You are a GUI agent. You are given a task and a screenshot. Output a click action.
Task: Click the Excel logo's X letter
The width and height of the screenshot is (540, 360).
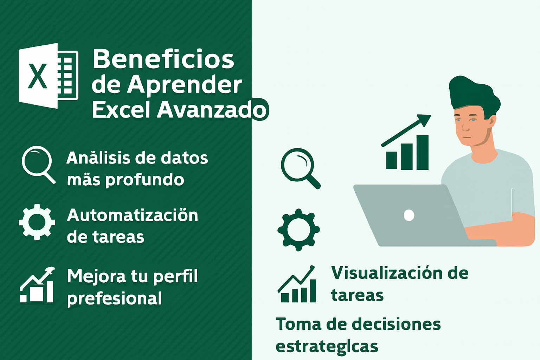(38, 76)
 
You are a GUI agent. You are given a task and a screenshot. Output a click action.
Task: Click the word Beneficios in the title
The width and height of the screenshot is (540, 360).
(163, 59)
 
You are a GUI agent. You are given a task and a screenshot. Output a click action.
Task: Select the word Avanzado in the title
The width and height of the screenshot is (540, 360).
(212, 110)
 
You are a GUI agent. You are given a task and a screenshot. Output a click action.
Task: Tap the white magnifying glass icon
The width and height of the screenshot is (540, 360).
(39, 165)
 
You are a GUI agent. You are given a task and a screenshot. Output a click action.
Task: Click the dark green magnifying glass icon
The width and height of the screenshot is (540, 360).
(300, 168)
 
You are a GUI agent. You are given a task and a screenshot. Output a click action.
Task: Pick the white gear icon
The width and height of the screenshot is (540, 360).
(37, 222)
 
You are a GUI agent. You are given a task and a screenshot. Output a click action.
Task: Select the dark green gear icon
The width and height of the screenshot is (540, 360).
(298, 230)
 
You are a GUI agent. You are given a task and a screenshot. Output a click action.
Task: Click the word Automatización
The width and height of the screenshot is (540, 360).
(132, 215)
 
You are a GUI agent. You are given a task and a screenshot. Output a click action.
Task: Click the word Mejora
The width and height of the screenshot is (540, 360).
(96, 276)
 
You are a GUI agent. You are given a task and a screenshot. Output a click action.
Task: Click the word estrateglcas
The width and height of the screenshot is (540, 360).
(327, 347)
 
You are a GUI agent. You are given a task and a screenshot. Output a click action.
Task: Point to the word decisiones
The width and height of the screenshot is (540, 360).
(396, 324)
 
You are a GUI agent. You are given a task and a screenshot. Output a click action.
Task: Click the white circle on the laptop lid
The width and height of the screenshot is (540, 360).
(409, 215)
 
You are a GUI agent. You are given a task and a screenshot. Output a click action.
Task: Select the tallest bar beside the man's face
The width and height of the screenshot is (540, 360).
(422, 153)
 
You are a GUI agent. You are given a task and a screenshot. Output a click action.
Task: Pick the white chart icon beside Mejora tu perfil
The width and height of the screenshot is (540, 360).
(37, 285)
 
